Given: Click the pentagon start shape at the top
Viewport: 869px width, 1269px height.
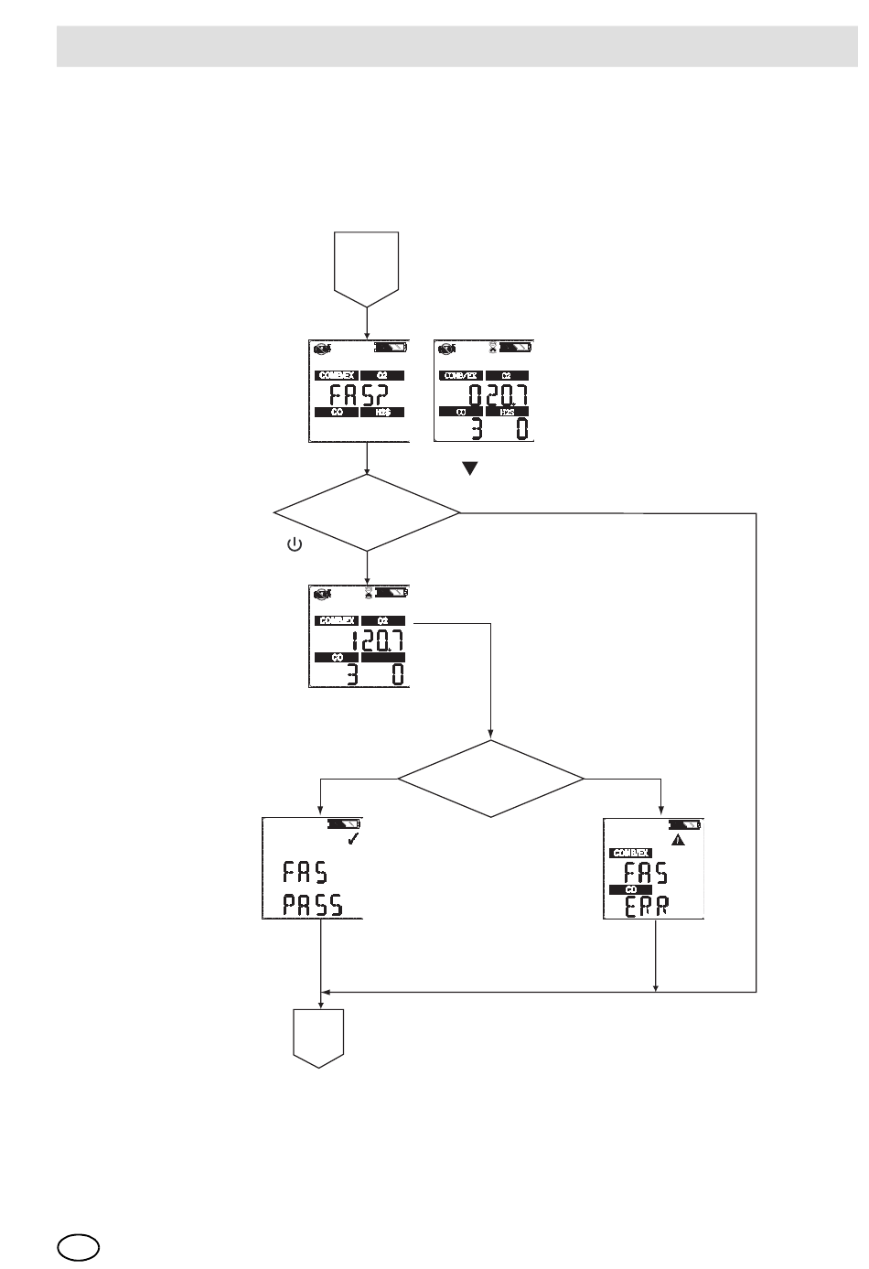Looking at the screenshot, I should click(x=367, y=266).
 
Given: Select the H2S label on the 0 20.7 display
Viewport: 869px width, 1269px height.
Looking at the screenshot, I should click(x=509, y=412).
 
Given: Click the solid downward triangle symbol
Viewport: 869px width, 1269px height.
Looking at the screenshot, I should click(x=470, y=468).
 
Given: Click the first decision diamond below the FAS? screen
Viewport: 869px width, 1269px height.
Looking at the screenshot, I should click(x=367, y=512).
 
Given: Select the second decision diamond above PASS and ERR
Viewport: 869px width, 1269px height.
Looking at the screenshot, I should click(x=491, y=779).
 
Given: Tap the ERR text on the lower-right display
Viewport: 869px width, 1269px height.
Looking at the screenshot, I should click(x=647, y=906).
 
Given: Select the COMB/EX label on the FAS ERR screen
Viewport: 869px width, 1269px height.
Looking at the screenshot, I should click(x=631, y=853).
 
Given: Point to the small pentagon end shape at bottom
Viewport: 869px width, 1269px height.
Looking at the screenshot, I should click(x=318, y=1038).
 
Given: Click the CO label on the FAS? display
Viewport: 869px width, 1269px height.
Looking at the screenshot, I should click(x=336, y=413).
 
